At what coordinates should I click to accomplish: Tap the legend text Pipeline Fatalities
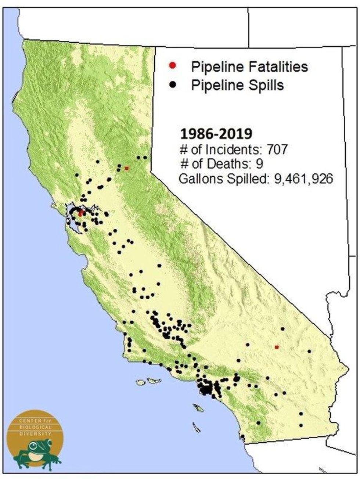[x=249, y=67]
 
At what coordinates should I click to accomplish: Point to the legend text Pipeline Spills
[x=237, y=85]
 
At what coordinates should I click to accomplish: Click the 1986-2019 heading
[x=216, y=134]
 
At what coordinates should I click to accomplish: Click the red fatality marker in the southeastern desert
[x=277, y=347]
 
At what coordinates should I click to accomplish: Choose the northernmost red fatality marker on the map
[x=126, y=168]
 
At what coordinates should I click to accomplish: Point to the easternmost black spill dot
[x=309, y=351]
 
